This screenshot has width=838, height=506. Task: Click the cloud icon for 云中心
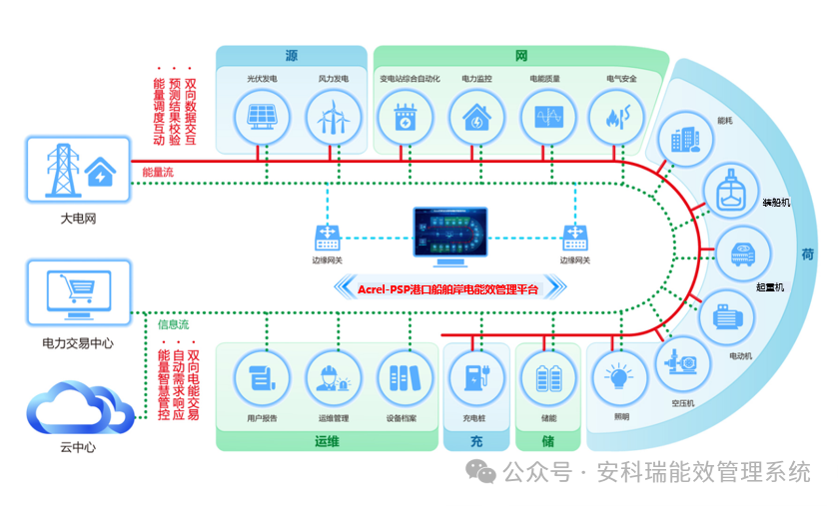tap(79, 409)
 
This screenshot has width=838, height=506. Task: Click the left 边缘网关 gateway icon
tap(327, 237)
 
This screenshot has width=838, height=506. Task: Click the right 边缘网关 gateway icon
tap(575, 237)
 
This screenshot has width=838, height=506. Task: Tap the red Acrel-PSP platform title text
tap(447, 289)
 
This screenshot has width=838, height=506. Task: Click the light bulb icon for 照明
tap(616, 378)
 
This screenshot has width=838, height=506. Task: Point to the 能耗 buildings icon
tap(685, 139)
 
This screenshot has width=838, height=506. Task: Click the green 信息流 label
tap(173, 324)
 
